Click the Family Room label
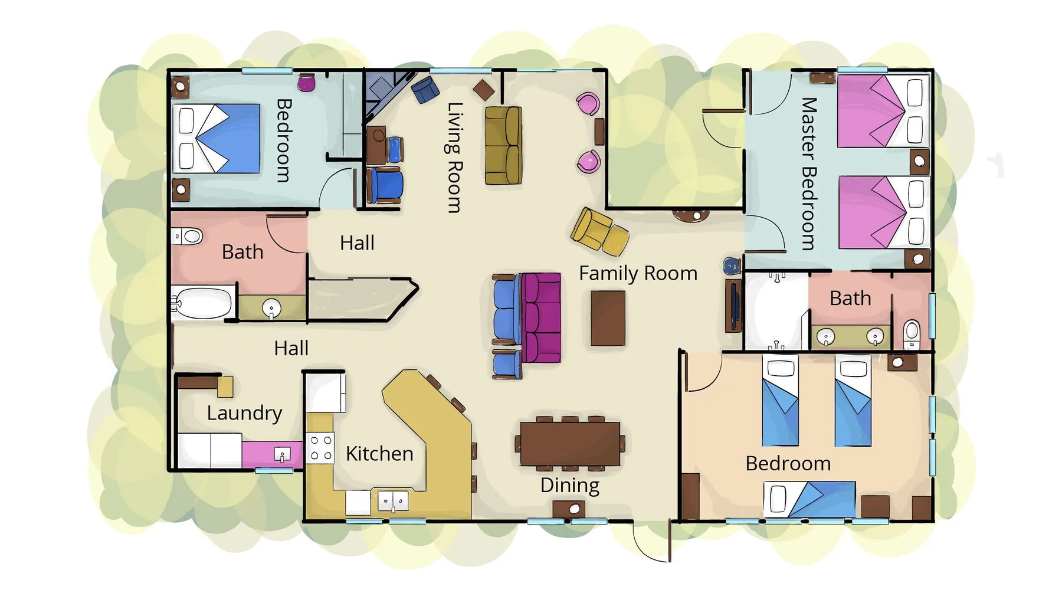click(x=638, y=273)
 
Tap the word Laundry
click(x=244, y=412)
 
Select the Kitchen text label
click(x=379, y=453)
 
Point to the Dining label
click(x=569, y=485)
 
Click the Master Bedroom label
click(x=808, y=173)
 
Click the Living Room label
click(x=454, y=158)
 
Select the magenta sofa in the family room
click(x=541, y=317)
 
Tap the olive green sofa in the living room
click(x=503, y=145)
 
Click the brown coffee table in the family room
click(x=608, y=317)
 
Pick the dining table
click(x=570, y=444)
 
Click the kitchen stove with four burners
click(x=320, y=448)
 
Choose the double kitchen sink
click(x=393, y=501)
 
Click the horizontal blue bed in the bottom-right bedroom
click(x=809, y=499)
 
